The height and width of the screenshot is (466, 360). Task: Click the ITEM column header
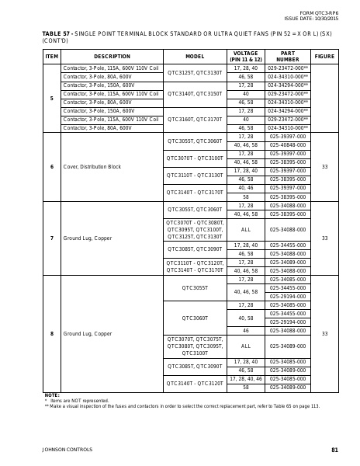(52, 57)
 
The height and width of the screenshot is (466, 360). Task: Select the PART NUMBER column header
(287, 57)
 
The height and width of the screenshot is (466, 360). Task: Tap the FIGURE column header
(324, 57)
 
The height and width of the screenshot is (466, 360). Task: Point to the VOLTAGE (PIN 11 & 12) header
(246, 57)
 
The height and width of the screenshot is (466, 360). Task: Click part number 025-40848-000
(287, 145)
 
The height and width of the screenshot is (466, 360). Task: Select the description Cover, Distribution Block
(92, 167)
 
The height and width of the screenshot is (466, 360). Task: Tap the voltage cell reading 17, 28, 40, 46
(246, 379)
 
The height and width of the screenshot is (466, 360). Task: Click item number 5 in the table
(52, 99)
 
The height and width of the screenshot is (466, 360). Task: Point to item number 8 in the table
(52, 333)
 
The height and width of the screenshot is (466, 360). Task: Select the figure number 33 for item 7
(324, 238)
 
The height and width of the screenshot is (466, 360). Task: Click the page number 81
(334, 450)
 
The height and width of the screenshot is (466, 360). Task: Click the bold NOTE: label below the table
(52, 395)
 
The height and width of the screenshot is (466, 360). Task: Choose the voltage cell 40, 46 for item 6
(246, 188)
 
